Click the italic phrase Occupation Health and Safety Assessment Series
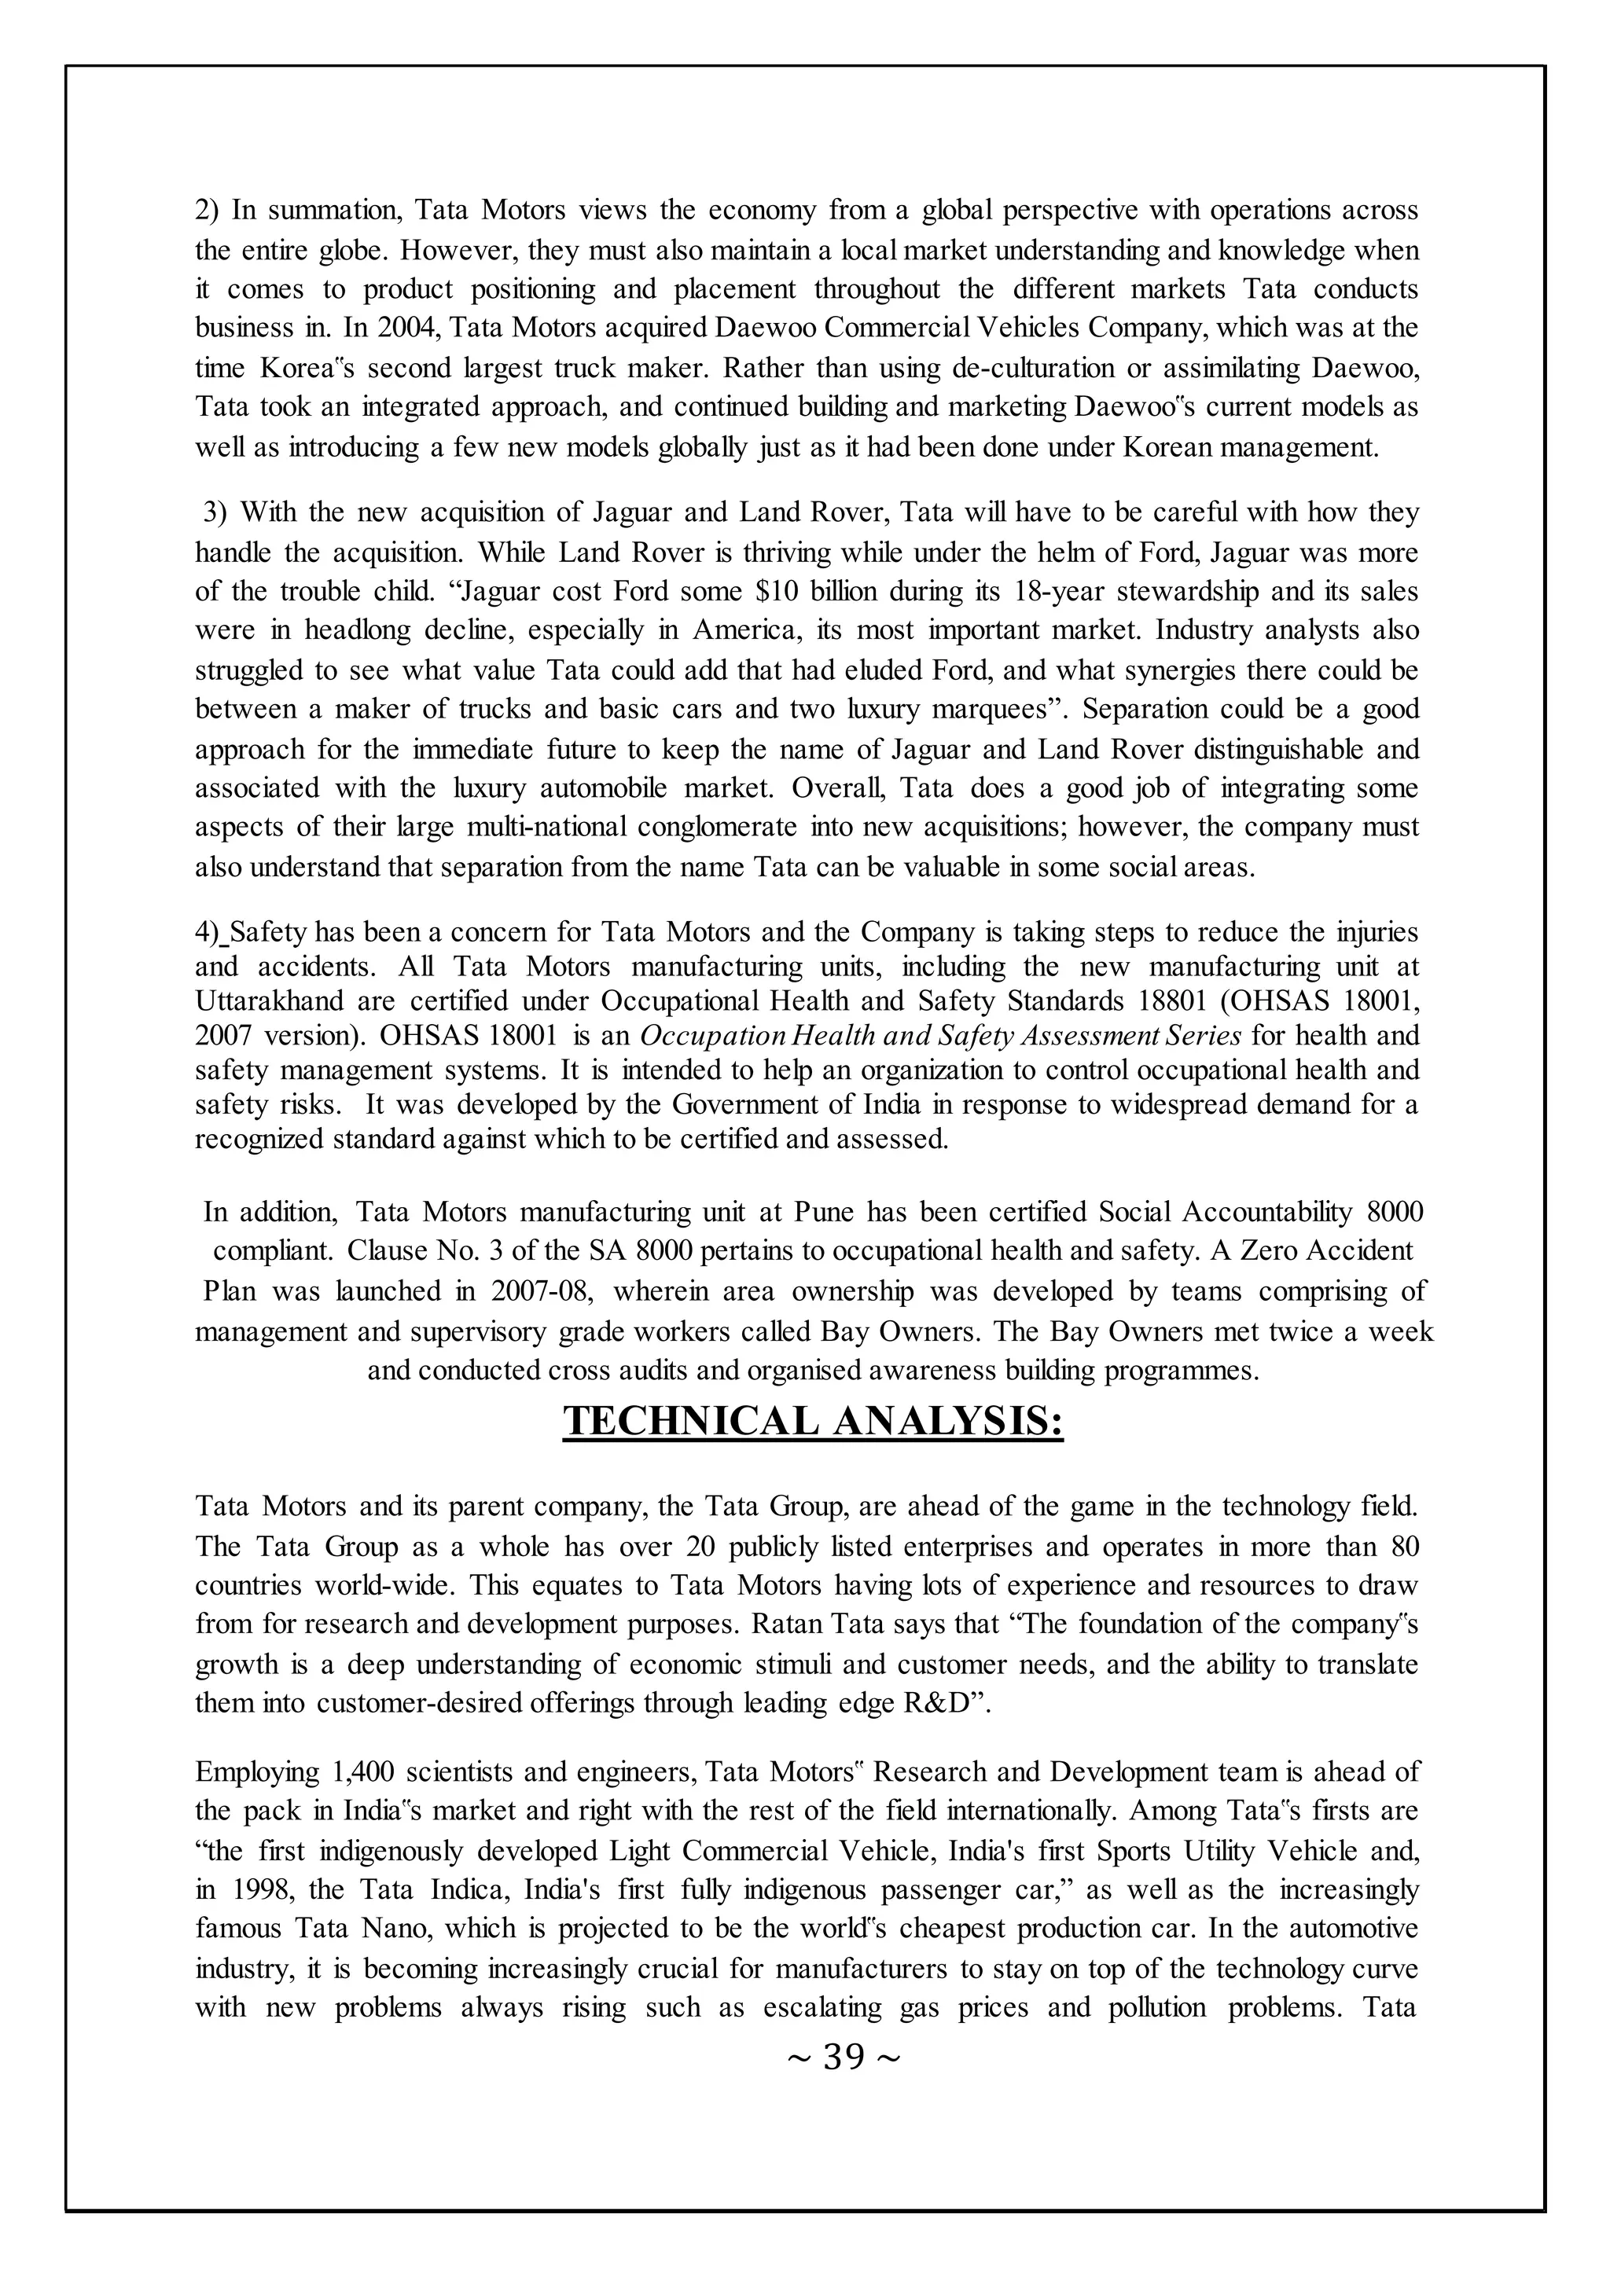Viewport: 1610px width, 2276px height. click(940, 1036)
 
